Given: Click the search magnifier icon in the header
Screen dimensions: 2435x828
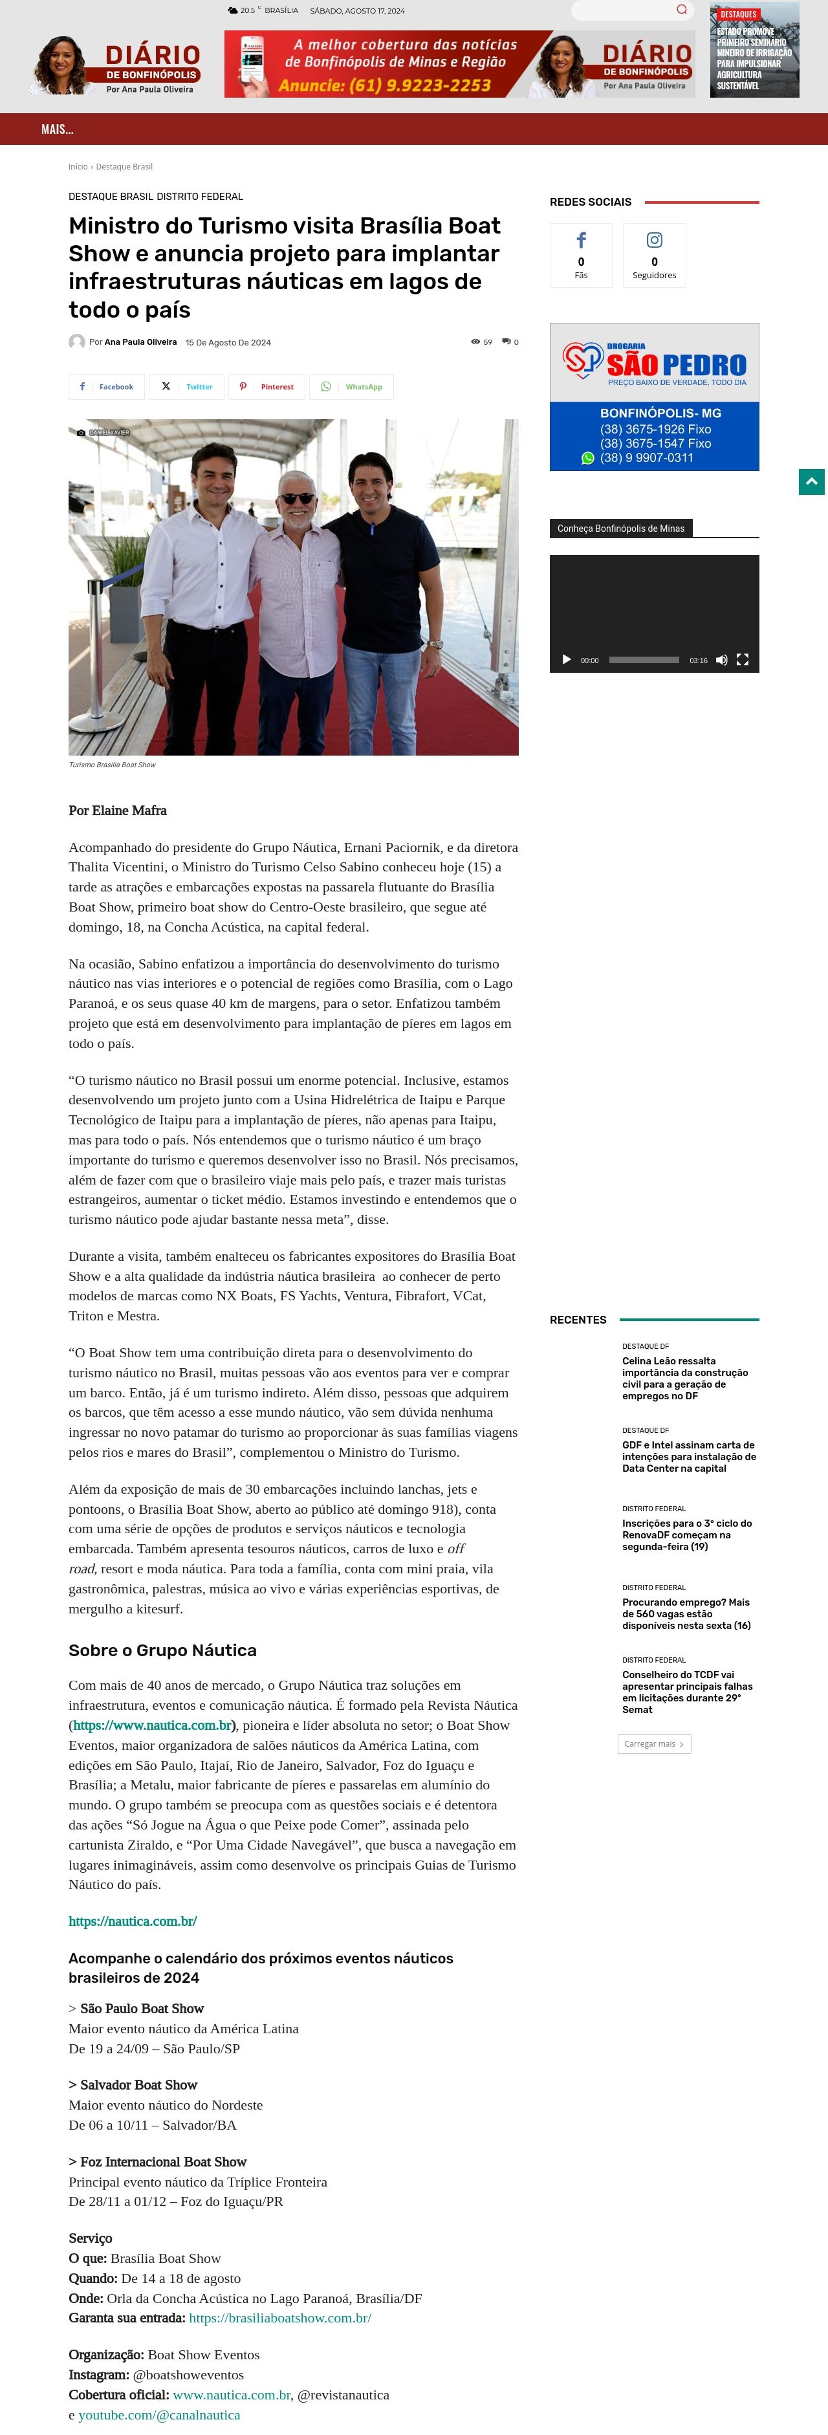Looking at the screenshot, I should tap(682, 10).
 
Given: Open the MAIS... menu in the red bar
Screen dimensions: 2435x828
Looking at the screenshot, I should tap(57, 129).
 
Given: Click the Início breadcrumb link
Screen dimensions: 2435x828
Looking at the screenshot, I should tap(78, 166).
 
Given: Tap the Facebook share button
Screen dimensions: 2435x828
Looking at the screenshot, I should tap(107, 387).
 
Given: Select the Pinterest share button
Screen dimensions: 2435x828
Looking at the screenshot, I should tap(267, 387).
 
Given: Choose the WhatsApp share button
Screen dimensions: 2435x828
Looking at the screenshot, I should tap(352, 387).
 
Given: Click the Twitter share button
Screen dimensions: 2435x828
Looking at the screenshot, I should tap(186, 387).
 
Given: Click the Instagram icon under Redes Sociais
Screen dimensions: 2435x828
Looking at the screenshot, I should tap(654, 240).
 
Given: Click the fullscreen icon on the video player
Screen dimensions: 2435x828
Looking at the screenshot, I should tap(743, 660).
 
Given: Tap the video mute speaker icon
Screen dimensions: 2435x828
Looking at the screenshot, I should tap(721, 660).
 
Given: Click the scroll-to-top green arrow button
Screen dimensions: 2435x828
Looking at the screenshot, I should tap(811, 481).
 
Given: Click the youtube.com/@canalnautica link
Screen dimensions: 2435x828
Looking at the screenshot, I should tap(158, 2414).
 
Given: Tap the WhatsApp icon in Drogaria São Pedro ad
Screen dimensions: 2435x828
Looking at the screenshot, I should tap(588, 459).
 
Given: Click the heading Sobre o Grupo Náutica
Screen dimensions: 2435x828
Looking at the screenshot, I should tap(162, 1650).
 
